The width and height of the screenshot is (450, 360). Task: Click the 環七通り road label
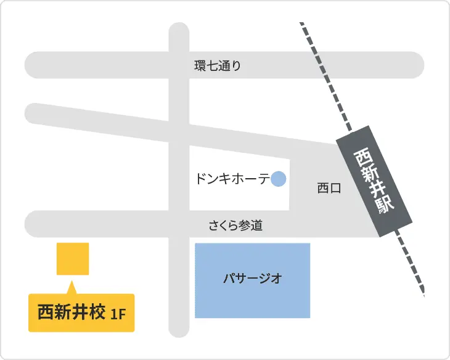218,66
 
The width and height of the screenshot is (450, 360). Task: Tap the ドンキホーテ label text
232,179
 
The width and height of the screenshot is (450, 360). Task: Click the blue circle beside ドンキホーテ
279,179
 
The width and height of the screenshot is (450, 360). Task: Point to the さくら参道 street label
235,226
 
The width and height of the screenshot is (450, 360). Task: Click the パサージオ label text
253,279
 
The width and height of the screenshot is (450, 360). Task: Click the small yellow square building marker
73,258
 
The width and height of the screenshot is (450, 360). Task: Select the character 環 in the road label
199,66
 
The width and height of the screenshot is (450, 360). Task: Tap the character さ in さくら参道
213,226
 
